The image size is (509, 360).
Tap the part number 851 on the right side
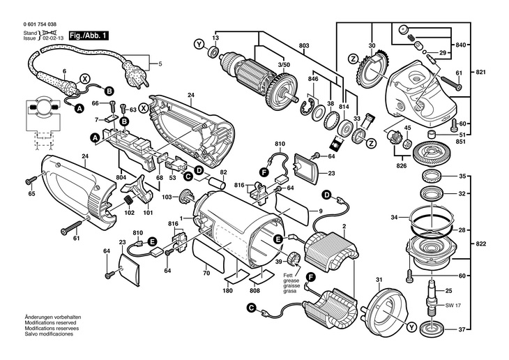[x=459, y=143]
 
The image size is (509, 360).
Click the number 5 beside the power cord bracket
[x=160, y=65]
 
